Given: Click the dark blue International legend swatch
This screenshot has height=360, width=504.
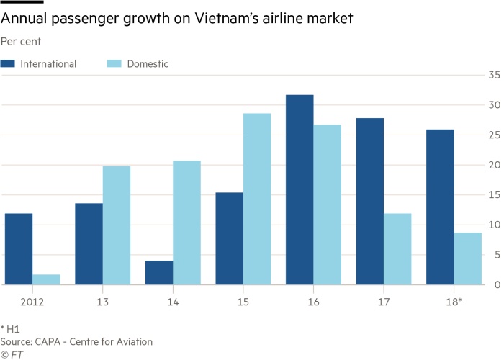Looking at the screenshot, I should point(8,64).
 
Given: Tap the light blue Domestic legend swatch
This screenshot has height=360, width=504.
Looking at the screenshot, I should point(114,64).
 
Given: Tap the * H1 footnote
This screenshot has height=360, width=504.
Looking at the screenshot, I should point(10,328).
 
